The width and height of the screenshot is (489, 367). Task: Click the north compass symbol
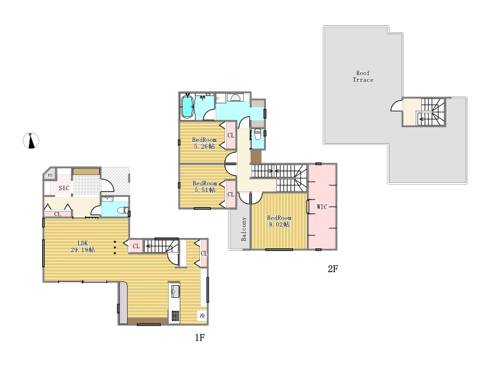[x=31, y=141]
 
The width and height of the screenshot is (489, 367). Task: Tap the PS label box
[x=50, y=175]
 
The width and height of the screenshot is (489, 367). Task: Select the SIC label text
[x=64, y=188]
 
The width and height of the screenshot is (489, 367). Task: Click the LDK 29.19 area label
[x=83, y=247]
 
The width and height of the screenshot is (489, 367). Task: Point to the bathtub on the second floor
[x=187, y=106]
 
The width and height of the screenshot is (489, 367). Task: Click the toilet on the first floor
[x=122, y=210]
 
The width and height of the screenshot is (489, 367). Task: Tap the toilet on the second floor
[x=257, y=135]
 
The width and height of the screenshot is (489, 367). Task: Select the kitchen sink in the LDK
[x=175, y=291]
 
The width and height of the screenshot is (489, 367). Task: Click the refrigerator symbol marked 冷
[x=202, y=316]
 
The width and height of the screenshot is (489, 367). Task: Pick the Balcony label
[x=243, y=229]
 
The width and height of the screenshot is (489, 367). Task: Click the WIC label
[x=322, y=207]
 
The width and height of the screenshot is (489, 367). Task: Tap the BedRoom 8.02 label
[x=279, y=221]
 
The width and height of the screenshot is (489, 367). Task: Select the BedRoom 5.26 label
[x=204, y=143]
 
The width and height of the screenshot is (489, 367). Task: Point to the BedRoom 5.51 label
[x=205, y=187]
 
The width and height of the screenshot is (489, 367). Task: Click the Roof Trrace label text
[x=363, y=76]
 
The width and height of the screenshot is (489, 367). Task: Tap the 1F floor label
[x=200, y=338]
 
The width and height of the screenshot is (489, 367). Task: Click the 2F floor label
[x=333, y=269]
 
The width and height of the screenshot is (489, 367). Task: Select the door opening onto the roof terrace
[x=397, y=105]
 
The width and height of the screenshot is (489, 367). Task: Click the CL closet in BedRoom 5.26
[x=231, y=135]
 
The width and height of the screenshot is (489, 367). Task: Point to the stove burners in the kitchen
[x=175, y=316]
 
